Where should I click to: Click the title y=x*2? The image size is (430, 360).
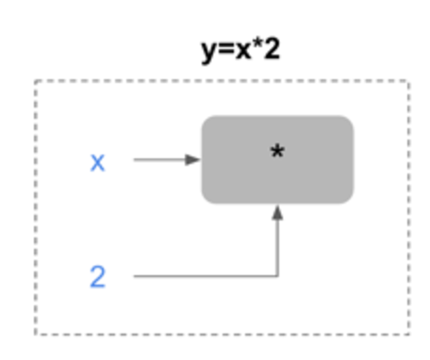tap(240, 50)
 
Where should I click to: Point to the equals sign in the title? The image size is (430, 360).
tap(225, 51)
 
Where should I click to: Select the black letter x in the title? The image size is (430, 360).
tap(243, 51)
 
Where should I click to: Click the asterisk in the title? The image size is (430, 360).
tap(257, 44)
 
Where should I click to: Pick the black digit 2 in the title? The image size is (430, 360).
tap(272, 49)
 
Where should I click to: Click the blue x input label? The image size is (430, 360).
tap(97, 163)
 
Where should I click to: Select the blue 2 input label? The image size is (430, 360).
tap(97, 276)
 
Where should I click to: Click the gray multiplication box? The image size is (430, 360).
tap(277, 159)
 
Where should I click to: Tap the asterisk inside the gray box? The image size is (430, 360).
tap(277, 151)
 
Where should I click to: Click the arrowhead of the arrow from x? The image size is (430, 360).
tap(193, 159)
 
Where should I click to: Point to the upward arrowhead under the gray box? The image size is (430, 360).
tap(277, 212)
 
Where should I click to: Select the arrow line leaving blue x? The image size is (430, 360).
tap(167, 159)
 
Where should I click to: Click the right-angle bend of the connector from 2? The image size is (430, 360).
tap(277, 276)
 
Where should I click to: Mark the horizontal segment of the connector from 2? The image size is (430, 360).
tap(206, 276)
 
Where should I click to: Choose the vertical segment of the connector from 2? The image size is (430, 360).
tap(277, 240)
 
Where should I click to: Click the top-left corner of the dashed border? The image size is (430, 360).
tap(36, 81)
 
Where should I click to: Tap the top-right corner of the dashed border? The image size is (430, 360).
tap(409, 81)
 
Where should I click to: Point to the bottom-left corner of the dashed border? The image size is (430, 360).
tap(36, 335)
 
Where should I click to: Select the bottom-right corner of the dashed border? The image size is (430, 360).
tap(409, 335)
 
